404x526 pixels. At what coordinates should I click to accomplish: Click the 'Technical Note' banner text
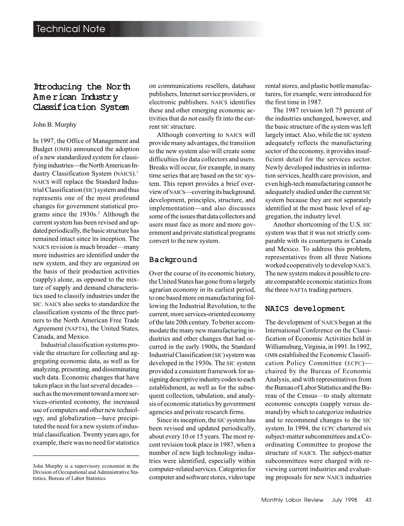[x=71, y=29]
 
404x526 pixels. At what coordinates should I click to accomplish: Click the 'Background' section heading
[x=173, y=260]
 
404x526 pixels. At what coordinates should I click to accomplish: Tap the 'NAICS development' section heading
[x=305, y=309]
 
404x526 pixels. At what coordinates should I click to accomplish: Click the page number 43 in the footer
[x=368, y=500]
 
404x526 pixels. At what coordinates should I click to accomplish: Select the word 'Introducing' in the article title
[x=57, y=87]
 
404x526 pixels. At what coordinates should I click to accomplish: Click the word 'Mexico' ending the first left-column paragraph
[x=80, y=337]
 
